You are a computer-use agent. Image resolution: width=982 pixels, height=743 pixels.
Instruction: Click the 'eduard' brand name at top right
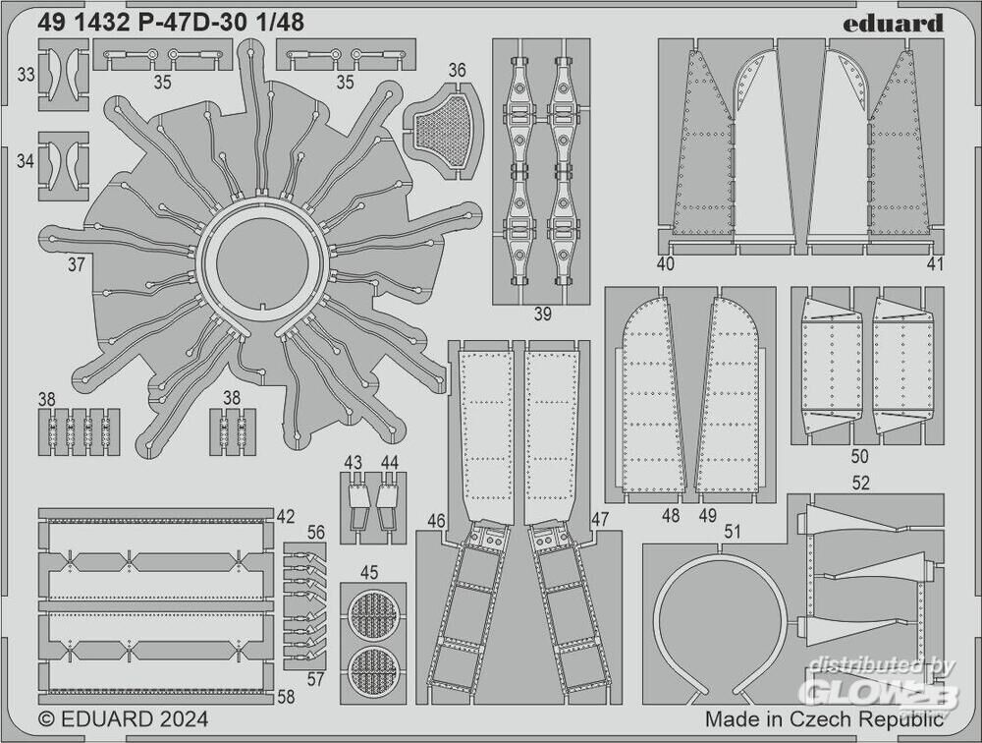[893, 24]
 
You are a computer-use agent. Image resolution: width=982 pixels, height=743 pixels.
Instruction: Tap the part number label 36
[458, 70]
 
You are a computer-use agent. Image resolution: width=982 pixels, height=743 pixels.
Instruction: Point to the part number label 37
[77, 264]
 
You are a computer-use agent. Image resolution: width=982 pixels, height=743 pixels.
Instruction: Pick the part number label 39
[542, 314]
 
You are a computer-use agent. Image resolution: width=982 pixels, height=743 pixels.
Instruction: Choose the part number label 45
[369, 572]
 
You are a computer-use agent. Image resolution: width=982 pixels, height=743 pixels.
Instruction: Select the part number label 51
[732, 532]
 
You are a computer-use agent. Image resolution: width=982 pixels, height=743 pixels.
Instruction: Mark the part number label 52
[861, 483]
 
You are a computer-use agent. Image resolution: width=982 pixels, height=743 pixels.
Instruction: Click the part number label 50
[860, 455]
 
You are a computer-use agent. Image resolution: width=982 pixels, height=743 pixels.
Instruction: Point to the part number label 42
[285, 516]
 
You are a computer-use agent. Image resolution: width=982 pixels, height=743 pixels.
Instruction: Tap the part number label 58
[286, 696]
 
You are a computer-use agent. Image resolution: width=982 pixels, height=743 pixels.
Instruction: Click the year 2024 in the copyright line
[183, 718]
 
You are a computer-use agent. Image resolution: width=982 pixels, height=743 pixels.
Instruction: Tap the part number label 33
[26, 75]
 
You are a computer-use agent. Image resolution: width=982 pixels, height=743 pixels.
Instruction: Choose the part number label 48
[671, 515]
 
